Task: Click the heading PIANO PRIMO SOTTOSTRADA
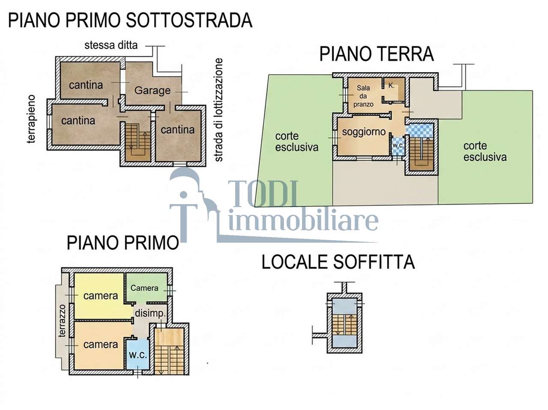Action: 130,21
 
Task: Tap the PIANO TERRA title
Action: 376,54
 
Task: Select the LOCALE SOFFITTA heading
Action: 338,262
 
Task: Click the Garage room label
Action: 152,90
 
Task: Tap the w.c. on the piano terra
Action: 397,146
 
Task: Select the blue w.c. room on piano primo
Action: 137,354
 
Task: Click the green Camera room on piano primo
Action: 146,287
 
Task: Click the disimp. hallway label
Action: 150,313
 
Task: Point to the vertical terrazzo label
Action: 62,321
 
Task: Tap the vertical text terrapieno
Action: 31,119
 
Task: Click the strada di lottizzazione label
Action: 218,110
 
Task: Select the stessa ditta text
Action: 111,45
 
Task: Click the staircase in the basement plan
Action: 138,142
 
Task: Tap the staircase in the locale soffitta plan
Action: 344,325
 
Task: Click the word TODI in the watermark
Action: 262,194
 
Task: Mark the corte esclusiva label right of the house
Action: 485,151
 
